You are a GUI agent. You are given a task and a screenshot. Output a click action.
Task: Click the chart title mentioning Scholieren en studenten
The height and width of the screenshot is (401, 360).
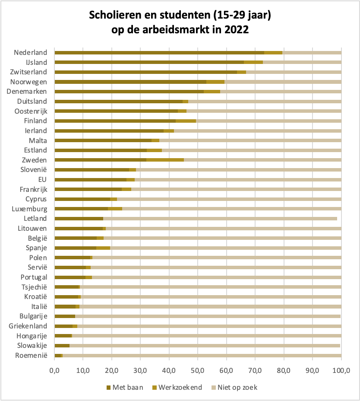[x=180, y=23]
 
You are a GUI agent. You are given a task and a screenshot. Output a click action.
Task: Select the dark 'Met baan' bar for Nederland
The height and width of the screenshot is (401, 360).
[x=159, y=53]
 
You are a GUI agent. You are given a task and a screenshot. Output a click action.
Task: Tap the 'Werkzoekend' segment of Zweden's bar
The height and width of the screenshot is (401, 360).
[x=165, y=160]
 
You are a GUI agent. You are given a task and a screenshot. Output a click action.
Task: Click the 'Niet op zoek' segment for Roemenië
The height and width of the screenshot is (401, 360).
[x=202, y=356]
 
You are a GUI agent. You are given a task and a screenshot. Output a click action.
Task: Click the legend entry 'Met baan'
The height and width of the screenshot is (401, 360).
[x=125, y=387]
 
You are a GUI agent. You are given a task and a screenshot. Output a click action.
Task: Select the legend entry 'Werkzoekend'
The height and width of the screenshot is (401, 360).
[x=177, y=387]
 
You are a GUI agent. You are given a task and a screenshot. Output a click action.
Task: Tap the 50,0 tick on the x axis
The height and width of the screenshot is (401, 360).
[x=198, y=370]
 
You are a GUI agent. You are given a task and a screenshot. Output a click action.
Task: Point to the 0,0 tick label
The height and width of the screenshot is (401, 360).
[x=55, y=370]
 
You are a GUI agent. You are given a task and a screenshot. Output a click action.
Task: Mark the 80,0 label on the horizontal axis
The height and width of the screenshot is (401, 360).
[x=284, y=370]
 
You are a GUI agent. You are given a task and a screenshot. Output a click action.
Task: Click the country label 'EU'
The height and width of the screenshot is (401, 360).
[x=43, y=179]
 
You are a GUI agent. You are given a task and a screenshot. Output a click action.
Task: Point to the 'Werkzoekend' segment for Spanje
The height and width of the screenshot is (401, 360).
[x=103, y=248]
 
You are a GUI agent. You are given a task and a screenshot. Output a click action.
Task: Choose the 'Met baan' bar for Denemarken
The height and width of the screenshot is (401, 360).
[x=129, y=92]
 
